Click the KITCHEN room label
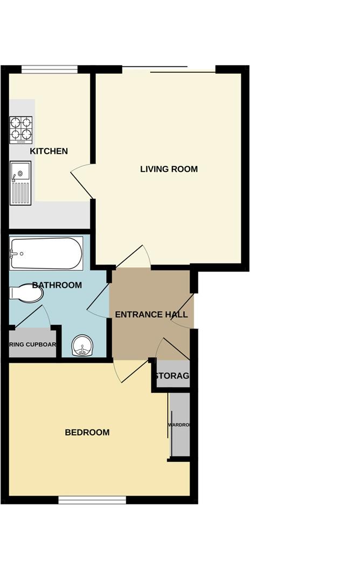[49, 151]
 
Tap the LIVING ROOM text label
[169, 169]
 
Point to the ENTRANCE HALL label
[151, 315]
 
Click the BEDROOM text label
[87, 432]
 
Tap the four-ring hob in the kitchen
[21, 129]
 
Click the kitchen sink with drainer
[21, 183]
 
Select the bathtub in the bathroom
[46, 253]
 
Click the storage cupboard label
[172, 376]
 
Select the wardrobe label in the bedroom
[179, 425]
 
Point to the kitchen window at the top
[50, 68]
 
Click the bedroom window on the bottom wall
[92, 500]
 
